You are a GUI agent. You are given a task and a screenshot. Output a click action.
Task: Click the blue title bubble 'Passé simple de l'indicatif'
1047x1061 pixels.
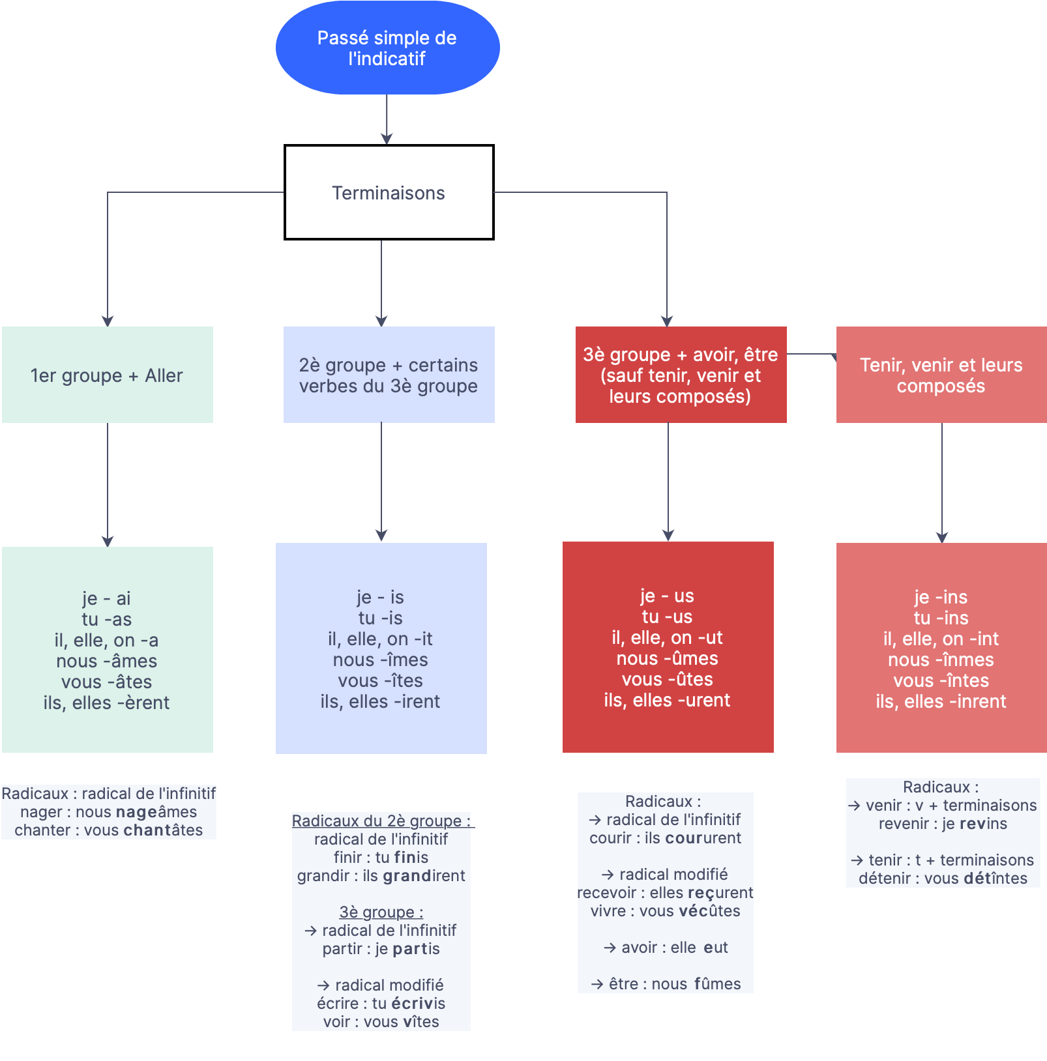[x=387, y=48]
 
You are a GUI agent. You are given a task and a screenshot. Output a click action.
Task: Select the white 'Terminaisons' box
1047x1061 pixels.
[x=389, y=192]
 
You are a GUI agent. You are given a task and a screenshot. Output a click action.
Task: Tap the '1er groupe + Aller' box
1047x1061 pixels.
[x=108, y=375]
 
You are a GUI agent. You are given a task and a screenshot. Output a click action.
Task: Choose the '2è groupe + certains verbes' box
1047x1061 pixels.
[x=389, y=375]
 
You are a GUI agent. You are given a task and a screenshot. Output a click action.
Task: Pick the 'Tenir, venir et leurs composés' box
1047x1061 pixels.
[x=941, y=375]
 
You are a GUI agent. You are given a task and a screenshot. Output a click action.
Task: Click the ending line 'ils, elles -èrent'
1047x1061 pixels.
[x=106, y=703]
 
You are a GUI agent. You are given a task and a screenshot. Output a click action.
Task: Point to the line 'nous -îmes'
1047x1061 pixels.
[x=381, y=660]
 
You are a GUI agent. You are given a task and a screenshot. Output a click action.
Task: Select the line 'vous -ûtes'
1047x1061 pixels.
[x=667, y=679]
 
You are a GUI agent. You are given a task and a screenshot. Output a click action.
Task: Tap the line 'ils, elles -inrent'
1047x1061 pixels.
[x=941, y=701]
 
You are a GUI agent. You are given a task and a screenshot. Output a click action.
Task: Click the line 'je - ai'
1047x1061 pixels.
[x=106, y=598]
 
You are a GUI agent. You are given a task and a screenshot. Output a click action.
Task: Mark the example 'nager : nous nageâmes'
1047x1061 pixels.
[x=108, y=812]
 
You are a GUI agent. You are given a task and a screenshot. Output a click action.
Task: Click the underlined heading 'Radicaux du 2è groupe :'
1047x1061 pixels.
[x=381, y=821]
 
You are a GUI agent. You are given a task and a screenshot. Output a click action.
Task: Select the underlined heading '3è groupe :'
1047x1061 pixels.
[x=381, y=912]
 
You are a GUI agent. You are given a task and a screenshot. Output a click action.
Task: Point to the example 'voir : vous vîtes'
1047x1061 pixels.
[x=381, y=1022]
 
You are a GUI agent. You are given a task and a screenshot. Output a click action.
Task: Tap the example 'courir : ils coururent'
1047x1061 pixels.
[x=665, y=838]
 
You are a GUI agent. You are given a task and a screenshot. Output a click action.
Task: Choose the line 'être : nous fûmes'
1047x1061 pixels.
[x=666, y=984]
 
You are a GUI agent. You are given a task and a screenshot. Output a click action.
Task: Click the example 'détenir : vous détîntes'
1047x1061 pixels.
[x=943, y=879]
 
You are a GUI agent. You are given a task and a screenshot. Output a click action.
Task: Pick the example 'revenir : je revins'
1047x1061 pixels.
[x=943, y=824]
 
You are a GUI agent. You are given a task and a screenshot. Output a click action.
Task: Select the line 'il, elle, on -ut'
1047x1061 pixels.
[x=667, y=637]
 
